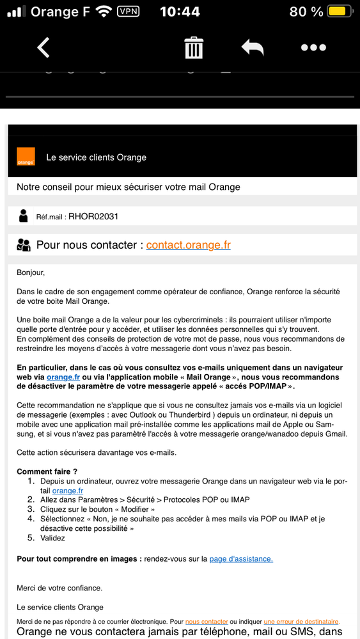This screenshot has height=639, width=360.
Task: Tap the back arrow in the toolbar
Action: [x=43, y=47]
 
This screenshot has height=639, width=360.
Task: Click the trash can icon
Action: [x=193, y=48]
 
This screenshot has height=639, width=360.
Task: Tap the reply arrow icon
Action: [x=253, y=48]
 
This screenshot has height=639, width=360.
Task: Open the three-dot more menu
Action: [x=313, y=48]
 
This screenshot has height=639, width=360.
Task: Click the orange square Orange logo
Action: [x=26, y=157]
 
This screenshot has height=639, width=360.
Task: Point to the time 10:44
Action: [x=179, y=12]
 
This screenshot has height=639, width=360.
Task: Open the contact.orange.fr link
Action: [x=188, y=245]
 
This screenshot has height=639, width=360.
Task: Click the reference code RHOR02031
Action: [x=93, y=216]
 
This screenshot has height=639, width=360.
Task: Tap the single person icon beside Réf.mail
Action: [x=24, y=216]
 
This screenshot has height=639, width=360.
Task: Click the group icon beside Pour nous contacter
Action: [x=24, y=245]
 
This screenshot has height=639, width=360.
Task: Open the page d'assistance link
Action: [x=241, y=558]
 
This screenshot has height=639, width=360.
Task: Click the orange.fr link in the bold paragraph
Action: [x=63, y=377]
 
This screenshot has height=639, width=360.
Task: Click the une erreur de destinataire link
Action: [x=301, y=621]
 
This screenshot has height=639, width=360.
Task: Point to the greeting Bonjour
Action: [x=31, y=272]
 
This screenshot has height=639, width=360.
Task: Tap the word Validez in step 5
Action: [x=52, y=538]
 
